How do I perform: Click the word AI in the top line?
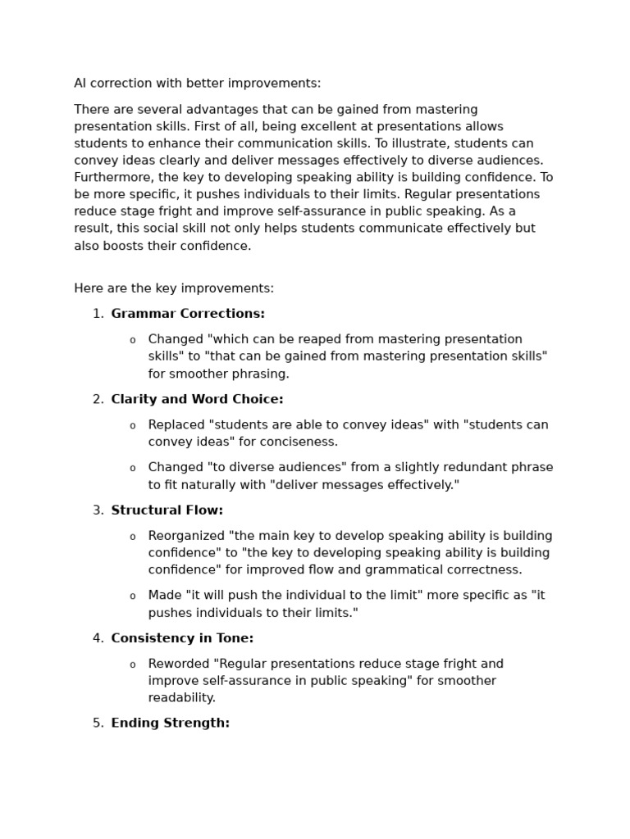click(x=80, y=84)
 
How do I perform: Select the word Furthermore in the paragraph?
click(x=111, y=178)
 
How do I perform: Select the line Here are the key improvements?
click(x=174, y=288)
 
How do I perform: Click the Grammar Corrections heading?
click(x=188, y=314)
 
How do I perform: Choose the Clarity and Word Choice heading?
click(x=197, y=399)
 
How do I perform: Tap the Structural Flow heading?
click(x=167, y=510)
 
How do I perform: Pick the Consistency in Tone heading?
click(x=182, y=638)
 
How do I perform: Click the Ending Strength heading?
click(x=170, y=723)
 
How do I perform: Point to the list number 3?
click(x=98, y=510)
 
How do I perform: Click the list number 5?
click(x=98, y=723)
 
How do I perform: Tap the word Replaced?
click(x=176, y=425)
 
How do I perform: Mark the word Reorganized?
click(x=186, y=537)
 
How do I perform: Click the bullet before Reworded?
click(x=133, y=664)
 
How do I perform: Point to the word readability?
click(x=181, y=698)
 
